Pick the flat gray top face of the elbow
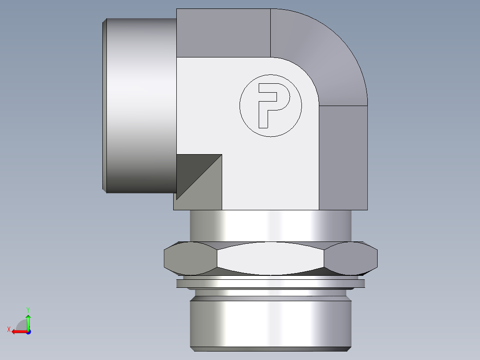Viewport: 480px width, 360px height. (223, 33)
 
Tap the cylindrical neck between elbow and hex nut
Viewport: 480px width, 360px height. (270, 225)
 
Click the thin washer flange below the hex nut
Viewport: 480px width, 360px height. (270, 283)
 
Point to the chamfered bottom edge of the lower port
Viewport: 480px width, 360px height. (270, 349)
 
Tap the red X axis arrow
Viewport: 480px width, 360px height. (18, 331)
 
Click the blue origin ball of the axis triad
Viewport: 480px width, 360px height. (28, 331)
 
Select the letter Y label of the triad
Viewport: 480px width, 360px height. (28, 309)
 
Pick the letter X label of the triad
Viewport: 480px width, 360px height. (8, 329)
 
